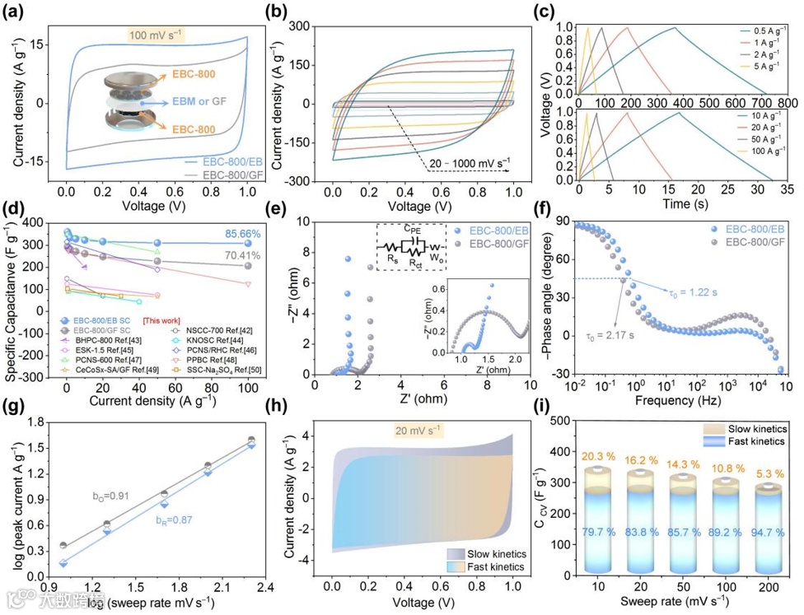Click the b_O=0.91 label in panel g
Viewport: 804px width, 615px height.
click(x=111, y=496)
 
